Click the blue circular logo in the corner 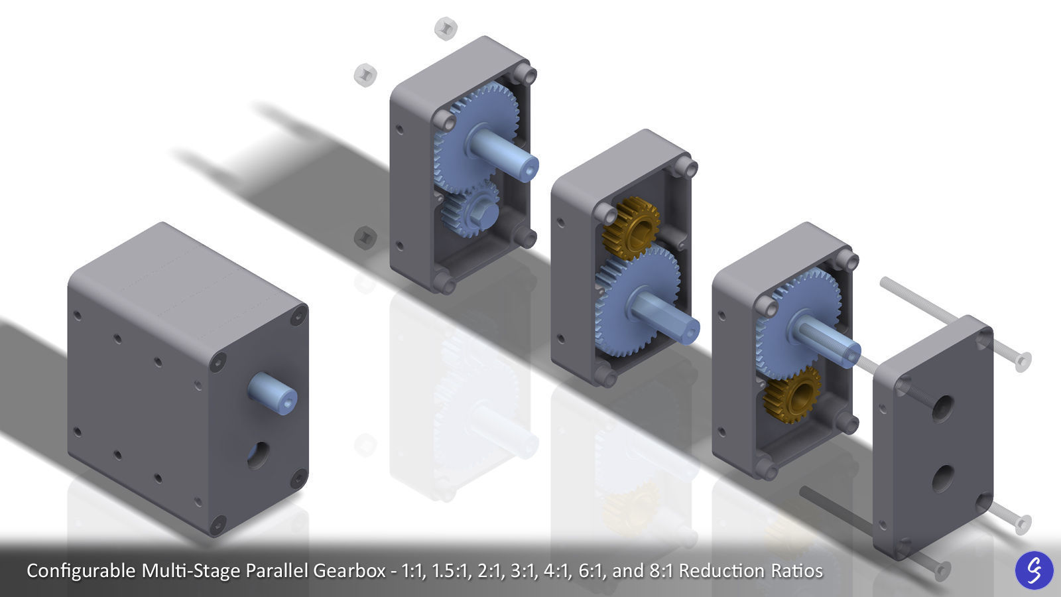[1034, 570]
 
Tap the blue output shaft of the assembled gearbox [272, 393]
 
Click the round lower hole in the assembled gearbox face [259, 455]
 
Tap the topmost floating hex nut [446, 28]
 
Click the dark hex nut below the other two [365, 237]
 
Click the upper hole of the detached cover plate [942, 409]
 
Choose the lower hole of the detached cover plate [942, 478]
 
